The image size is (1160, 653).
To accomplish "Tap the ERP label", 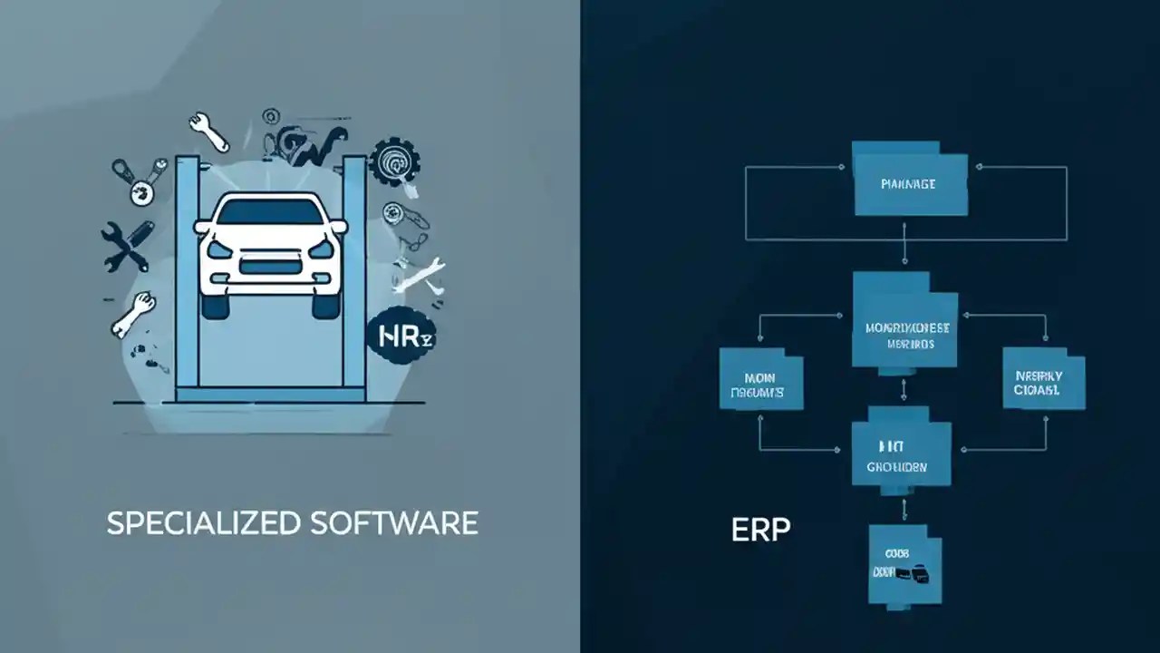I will point(760,530).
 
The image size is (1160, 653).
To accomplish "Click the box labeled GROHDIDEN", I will point(901,455).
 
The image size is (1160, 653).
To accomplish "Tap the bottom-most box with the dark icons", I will point(904,565).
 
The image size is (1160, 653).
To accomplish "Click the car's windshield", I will point(270,213).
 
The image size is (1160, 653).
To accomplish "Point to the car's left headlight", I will point(219,249).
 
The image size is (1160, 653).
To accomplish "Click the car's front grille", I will point(269,268).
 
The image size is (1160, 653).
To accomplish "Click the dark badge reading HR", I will point(399,337).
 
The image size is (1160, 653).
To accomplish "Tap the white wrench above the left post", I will point(209,132).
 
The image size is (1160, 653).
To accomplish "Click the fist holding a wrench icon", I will point(132,312).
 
